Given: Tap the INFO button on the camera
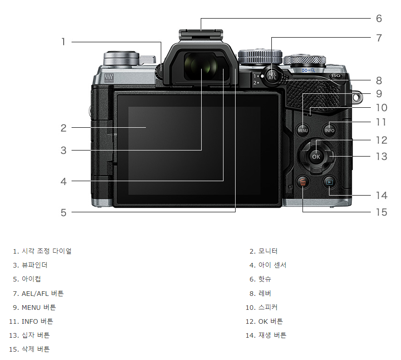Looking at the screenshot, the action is tap(329, 130).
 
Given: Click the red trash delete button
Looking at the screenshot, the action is tap(303, 183).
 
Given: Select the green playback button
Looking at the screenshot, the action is tap(329, 182).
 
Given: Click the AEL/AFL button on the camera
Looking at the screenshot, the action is tap(272, 77).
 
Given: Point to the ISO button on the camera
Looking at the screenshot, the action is tap(336, 76).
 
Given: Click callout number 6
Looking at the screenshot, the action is tap(379, 19).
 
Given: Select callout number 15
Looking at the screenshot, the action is tap(381, 212).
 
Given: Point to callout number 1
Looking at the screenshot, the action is tap(63, 42).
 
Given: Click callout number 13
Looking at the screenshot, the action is tap(381, 157).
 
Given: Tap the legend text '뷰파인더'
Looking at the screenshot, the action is tap(34, 265).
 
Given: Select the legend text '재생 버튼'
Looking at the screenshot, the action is tap(272, 335).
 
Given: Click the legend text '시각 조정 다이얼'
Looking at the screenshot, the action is tap(46, 251).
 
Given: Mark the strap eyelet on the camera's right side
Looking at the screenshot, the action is tap(357, 98).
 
